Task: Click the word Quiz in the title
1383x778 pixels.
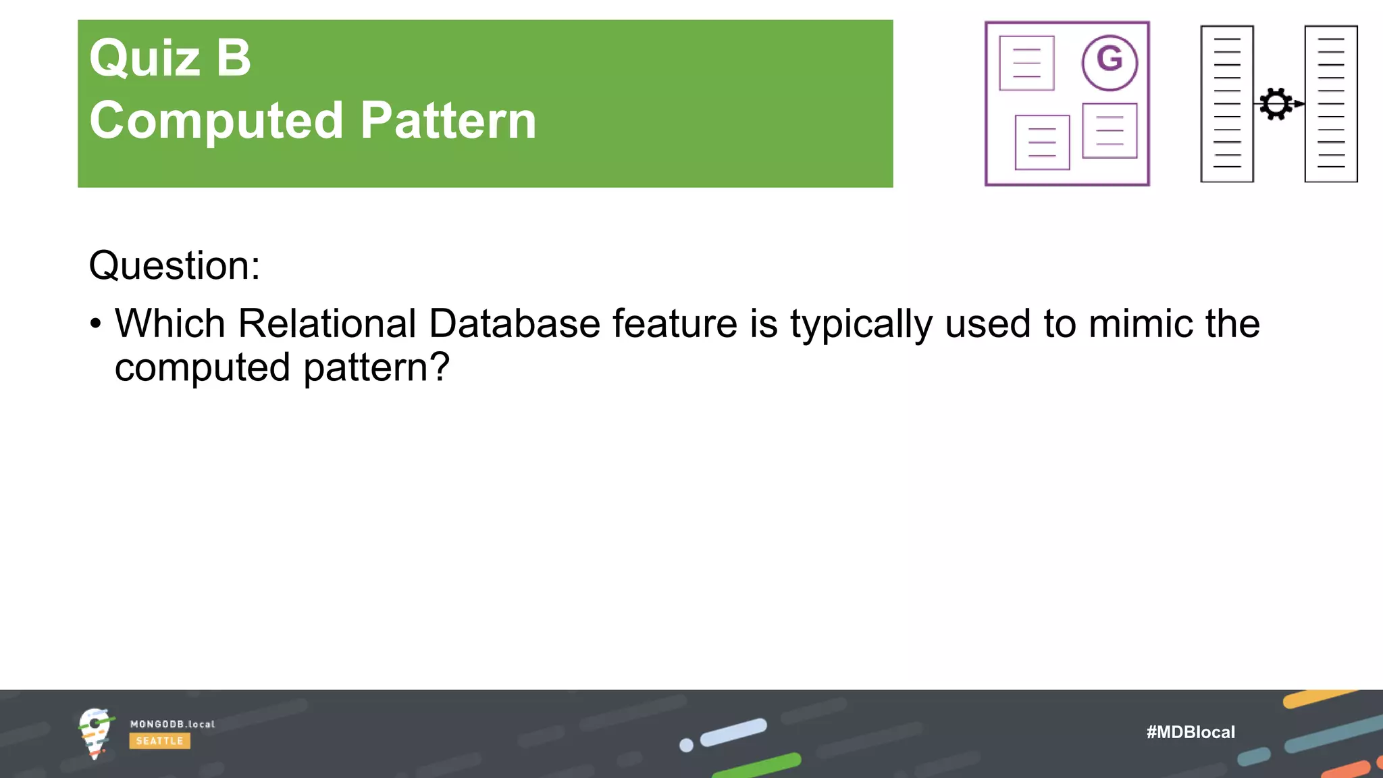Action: point(145,58)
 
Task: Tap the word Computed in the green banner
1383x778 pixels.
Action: point(216,121)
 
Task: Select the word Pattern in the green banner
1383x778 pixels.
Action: point(448,121)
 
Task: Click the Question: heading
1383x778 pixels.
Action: point(174,265)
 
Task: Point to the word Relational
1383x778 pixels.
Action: point(327,323)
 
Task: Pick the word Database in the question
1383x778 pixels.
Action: point(514,323)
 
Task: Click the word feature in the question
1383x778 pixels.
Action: point(675,323)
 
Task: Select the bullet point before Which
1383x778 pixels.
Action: point(96,324)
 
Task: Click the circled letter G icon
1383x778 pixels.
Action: point(1109,62)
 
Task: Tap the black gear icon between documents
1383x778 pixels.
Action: point(1276,104)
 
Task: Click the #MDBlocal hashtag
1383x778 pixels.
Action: point(1191,732)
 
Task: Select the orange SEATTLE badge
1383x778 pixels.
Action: point(159,741)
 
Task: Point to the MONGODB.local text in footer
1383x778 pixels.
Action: point(172,724)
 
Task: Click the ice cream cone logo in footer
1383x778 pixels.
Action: point(95,733)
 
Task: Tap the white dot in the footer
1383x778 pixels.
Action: point(686,745)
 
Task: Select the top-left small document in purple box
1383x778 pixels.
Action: point(1026,63)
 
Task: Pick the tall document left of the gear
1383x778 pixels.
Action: point(1226,104)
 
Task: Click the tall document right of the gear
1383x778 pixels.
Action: point(1330,104)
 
